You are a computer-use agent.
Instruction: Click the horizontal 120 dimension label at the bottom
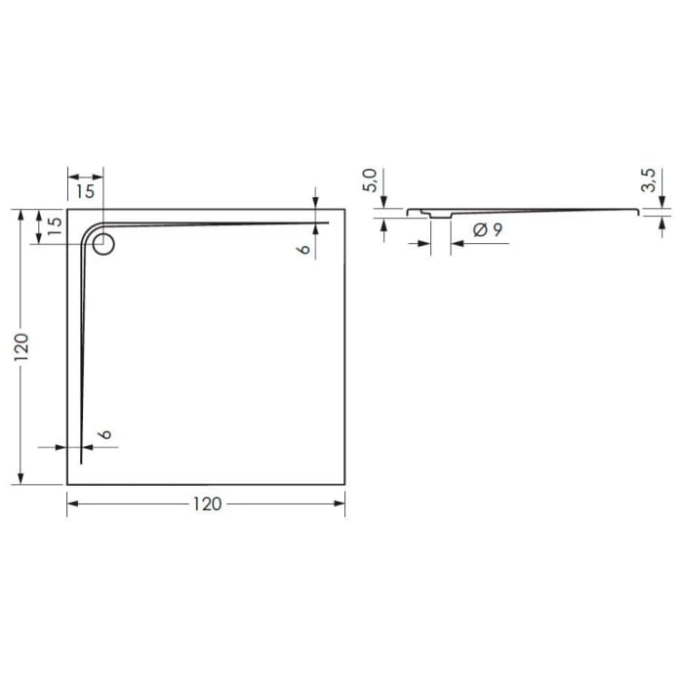(x=206, y=503)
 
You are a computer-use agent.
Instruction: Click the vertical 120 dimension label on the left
(x=21, y=346)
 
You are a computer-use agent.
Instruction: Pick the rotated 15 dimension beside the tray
(x=55, y=227)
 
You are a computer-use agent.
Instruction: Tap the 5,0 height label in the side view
(x=369, y=180)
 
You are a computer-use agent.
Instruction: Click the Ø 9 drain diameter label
(x=487, y=231)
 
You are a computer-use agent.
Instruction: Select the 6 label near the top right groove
(x=303, y=249)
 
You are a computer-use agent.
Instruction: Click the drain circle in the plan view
(x=103, y=245)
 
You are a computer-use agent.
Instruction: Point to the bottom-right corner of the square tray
(x=345, y=484)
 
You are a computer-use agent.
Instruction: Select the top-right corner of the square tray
(x=345, y=209)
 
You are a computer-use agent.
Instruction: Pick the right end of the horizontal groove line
(x=329, y=222)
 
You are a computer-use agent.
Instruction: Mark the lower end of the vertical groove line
(x=81, y=463)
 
